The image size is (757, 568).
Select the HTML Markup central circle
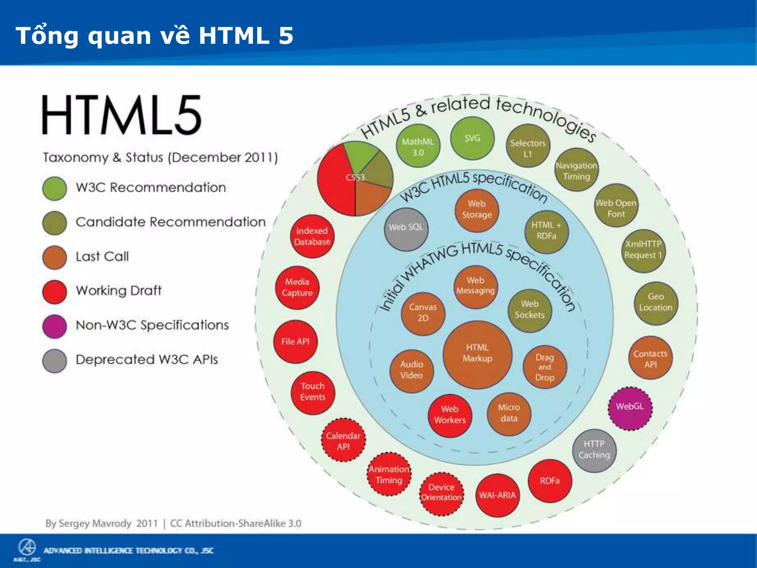(x=477, y=354)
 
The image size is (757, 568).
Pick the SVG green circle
(x=472, y=139)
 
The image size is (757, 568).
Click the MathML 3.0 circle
(x=418, y=146)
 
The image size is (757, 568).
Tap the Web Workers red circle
(x=450, y=415)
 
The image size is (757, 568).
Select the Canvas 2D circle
(x=423, y=313)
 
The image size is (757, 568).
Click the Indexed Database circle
(x=312, y=236)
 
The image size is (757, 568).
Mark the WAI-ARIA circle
(x=497, y=495)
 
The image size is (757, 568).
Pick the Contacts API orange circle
(x=650, y=358)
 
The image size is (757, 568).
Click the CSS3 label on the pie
(x=355, y=178)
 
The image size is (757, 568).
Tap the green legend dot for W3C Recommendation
(x=55, y=189)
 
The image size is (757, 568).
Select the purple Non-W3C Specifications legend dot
(x=55, y=326)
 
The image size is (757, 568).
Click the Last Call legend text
(x=102, y=257)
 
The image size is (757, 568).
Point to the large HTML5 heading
(x=122, y=115)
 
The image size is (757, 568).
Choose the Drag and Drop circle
(x=544, y=367)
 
